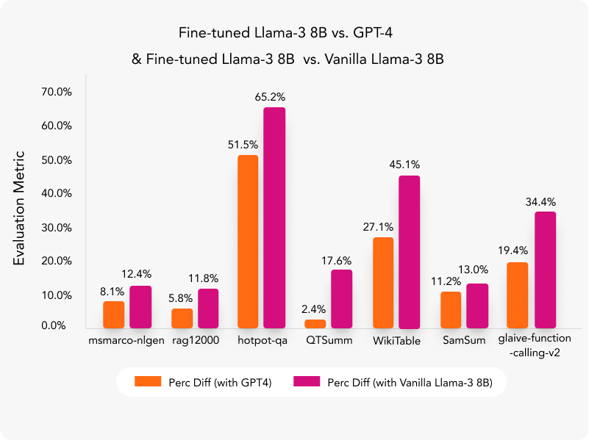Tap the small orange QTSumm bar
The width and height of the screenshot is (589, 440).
[x=315, y=323]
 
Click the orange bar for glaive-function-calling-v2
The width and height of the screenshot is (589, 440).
[x=518, y=295]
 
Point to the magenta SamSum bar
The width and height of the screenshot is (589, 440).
[x=477, y=306]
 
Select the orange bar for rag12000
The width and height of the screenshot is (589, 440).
[x=182, y=318]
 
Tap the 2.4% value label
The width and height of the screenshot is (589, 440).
[x=315, y=309]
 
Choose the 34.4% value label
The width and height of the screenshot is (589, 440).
[x=546, y=201]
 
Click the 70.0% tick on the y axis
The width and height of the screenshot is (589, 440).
[x=56, y=92]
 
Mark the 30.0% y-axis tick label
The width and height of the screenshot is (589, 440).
[x=56, y=228]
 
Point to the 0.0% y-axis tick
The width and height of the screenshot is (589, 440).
[x=58, y=325]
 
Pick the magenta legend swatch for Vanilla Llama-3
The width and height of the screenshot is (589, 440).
[x=305, y=382]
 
